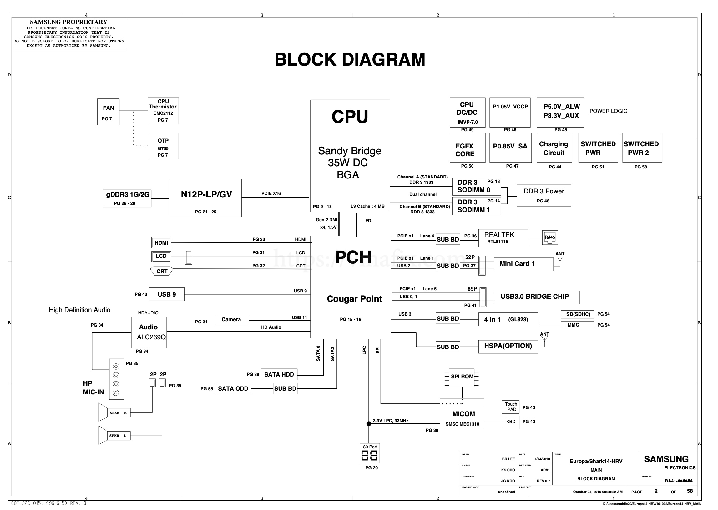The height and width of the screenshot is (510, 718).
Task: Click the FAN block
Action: coord(108,112)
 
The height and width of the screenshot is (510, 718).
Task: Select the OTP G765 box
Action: coord(163,146)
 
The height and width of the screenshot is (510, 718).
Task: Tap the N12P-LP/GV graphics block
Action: coord(205,198)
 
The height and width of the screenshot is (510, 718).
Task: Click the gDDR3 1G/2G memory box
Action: coord(127,198)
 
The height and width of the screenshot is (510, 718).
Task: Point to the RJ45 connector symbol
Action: coord(549,238)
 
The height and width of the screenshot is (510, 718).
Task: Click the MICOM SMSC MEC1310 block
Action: coord(462,414)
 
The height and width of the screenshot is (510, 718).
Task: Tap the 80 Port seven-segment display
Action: coord(370,454)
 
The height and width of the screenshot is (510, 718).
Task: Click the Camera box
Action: coord(232,320)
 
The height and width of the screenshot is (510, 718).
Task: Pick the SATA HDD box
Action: coord(279,374)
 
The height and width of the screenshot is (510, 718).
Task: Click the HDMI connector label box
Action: coord(161,242)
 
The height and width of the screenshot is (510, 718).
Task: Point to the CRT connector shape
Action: coord(162,271)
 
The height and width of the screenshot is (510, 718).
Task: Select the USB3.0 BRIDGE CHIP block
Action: coord(537,297)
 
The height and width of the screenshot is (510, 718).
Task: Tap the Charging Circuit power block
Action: coord(554,148)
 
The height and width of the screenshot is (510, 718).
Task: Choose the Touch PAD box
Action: coord(511,407)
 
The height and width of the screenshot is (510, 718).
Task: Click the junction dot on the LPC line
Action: coord(369,424)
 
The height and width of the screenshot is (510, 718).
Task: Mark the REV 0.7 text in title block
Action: coord(543,481)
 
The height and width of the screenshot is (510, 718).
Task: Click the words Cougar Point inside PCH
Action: coord(354,299)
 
